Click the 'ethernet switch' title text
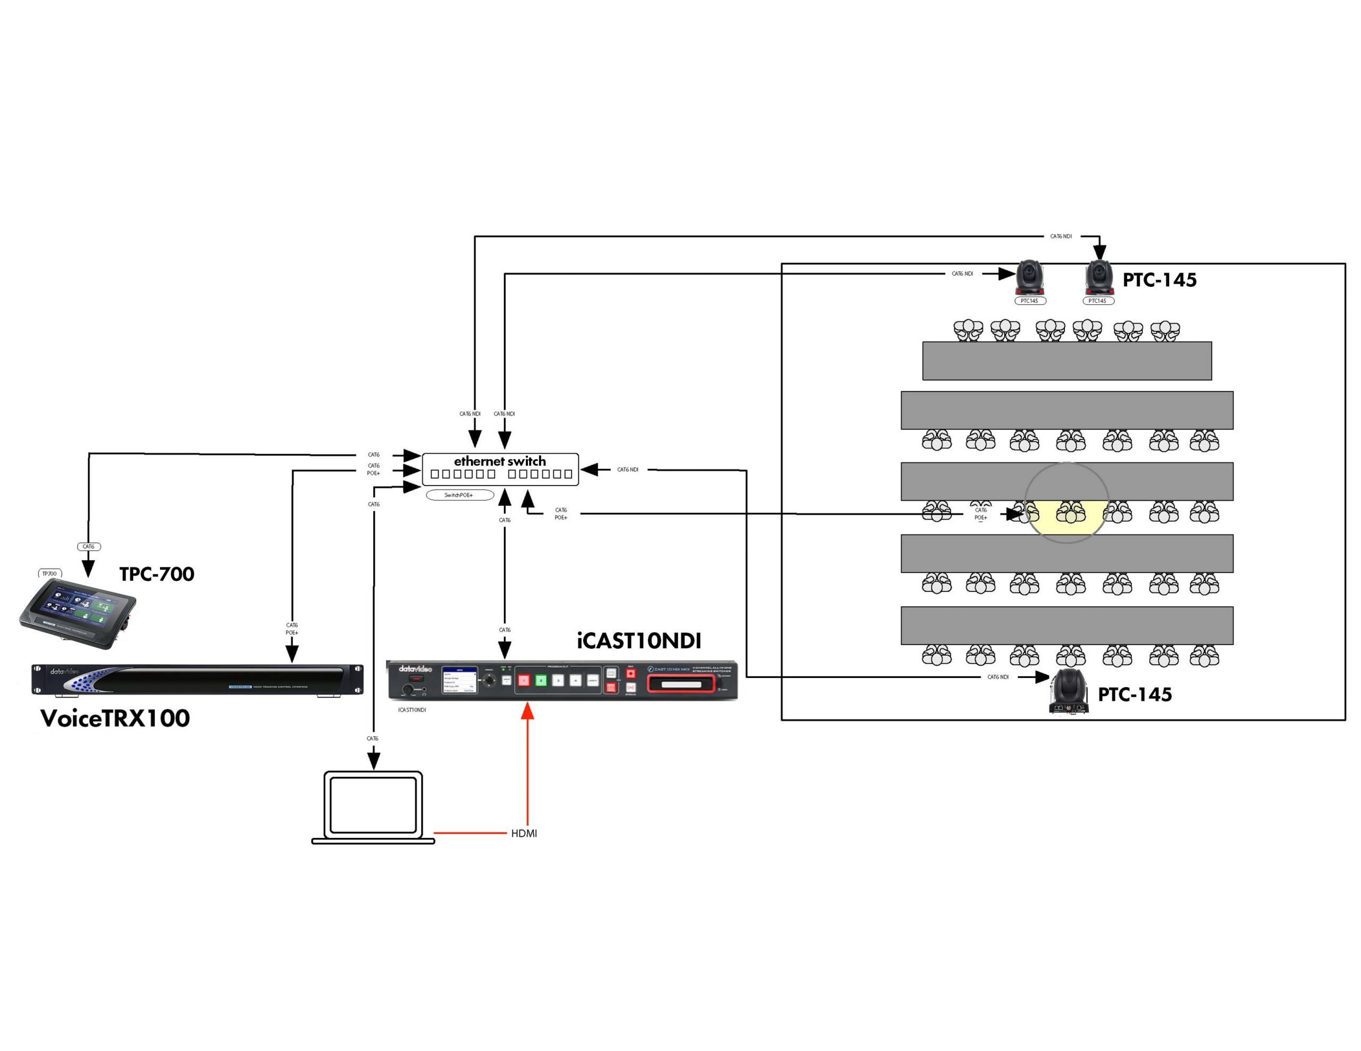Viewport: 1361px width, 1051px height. click(500, 461)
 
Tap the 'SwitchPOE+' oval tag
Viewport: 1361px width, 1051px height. click(459, 495)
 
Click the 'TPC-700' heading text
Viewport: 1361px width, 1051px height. click(156, 574)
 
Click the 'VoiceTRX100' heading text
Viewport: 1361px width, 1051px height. click(115, 718)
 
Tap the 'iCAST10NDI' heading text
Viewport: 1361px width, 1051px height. click(639, 640)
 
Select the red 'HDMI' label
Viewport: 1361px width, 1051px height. click(524, 834)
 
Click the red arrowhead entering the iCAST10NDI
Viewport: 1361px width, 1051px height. click(528, 711)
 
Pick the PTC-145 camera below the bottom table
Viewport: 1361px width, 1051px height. click(1069, 691)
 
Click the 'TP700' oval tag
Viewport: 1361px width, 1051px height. click(49, 574)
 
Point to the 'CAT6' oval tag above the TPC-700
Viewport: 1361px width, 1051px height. click(88, 547)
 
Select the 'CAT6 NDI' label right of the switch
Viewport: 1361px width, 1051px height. click(627, 470)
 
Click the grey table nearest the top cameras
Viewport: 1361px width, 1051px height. click(1067, 361)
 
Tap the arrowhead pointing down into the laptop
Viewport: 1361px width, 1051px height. click(373, 761)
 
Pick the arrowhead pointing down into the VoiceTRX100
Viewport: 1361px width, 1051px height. click(292, 654)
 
